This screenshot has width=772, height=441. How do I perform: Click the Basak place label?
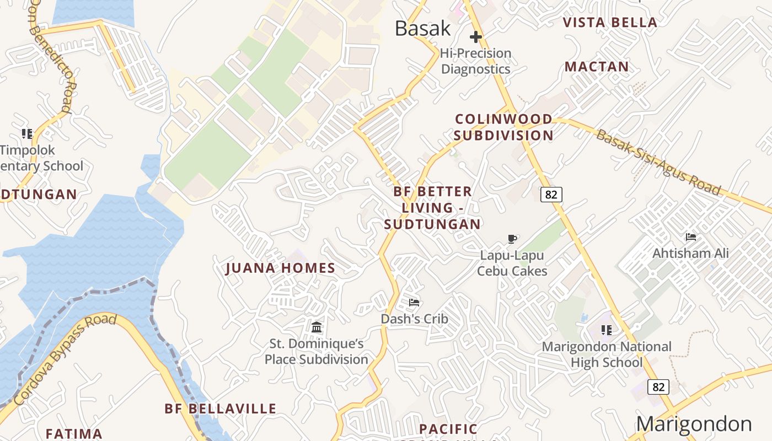pyautogui.click(x=423, y=29)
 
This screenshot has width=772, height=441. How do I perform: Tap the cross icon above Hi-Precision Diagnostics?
pyautogui.click(x=475, y=37)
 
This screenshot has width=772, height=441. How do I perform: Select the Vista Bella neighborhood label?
pyautogui.click(x=610, y=23)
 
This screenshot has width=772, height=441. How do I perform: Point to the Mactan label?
pyautogui.click(x=597, y=67)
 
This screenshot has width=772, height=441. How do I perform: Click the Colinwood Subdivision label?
pyautogui.click(x=503, y=127)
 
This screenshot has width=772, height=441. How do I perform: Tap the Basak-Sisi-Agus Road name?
pyautogui.click(x=658, y=163)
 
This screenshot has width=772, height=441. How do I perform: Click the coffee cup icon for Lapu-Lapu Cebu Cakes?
pyautogui.click(x=512, y=239)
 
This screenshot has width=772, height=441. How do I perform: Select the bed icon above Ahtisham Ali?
pyautogui.click(x=690, y=237)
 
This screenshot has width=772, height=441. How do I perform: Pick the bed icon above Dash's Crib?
pyautogui.click(x=414, y=302)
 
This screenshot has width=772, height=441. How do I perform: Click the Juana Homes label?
pyautogui.click(x=281, y=268)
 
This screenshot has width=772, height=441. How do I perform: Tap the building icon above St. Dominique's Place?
pyautogui.click(x=317, y=327)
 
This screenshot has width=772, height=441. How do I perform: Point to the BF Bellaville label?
pyautogui.click(x=221, y=408)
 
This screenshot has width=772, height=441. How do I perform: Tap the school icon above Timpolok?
pyautogui.click(x=27, y=133)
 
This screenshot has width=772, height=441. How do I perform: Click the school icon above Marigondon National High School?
pyautogui.click(x=607, y=330)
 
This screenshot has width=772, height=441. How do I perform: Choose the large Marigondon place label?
pyautogui.click(x=694, y=424)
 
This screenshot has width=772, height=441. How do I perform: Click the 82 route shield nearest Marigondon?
pyautogui.click(x=658, y=387)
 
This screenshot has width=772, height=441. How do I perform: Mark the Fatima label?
pyautogui.click(x=74, y=434)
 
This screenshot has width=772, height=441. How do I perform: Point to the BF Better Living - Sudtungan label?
pyautogui.click(x=432, y=208)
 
